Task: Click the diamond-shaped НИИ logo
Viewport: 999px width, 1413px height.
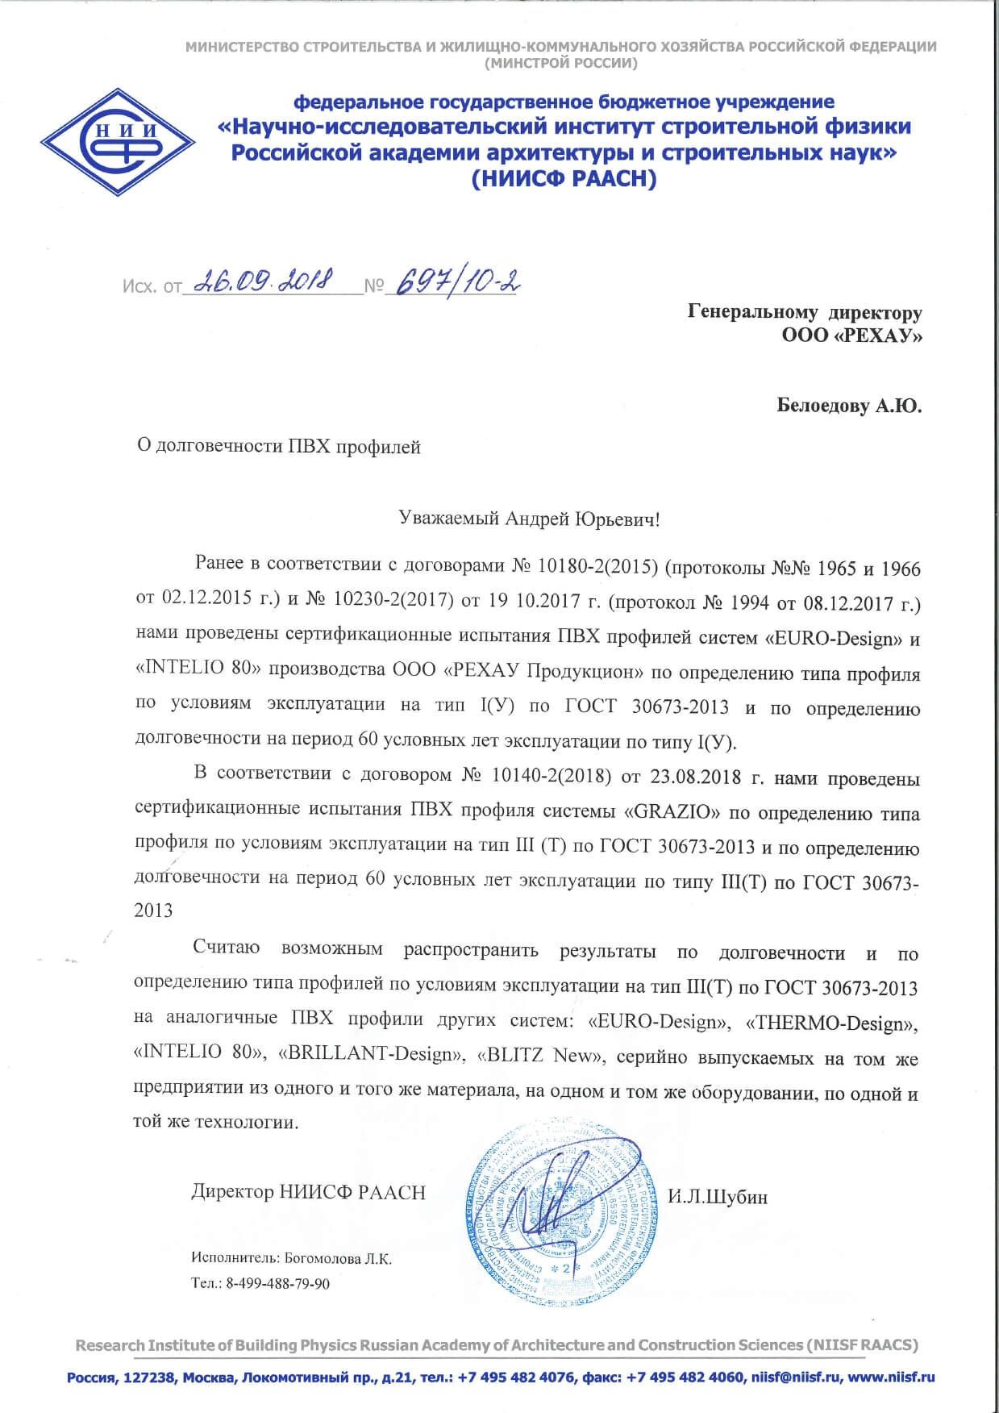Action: (118, 142)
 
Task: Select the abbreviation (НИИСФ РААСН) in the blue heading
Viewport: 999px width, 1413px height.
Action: (564, 179)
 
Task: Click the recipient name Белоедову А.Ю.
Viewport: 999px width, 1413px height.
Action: (848, 405)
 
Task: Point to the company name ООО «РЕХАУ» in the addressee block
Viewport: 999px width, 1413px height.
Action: (851, 335)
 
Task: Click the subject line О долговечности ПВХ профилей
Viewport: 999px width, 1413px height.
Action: (279, 446)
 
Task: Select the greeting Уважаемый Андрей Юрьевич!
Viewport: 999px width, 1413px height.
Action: (529, 519)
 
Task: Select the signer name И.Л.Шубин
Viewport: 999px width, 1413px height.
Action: (717, 1197)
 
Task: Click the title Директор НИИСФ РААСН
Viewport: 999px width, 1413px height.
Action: (308, 1192)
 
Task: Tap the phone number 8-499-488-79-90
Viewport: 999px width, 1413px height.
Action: (277, 1283)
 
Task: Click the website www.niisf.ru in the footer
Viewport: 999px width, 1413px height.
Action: (891, 1377)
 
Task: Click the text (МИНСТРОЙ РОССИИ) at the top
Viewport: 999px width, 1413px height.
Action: (560, 63)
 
